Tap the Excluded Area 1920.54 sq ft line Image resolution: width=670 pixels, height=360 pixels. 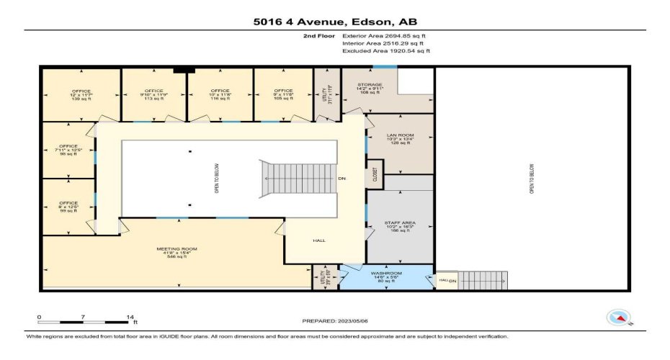(386, 51)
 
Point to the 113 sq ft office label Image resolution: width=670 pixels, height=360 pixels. (153, 95)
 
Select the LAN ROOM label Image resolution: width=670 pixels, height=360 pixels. (399, 138)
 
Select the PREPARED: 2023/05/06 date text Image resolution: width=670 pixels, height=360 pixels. (334, 320)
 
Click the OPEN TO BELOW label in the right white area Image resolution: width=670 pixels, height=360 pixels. (532, 178)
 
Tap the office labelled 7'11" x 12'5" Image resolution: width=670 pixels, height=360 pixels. (68, 150)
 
